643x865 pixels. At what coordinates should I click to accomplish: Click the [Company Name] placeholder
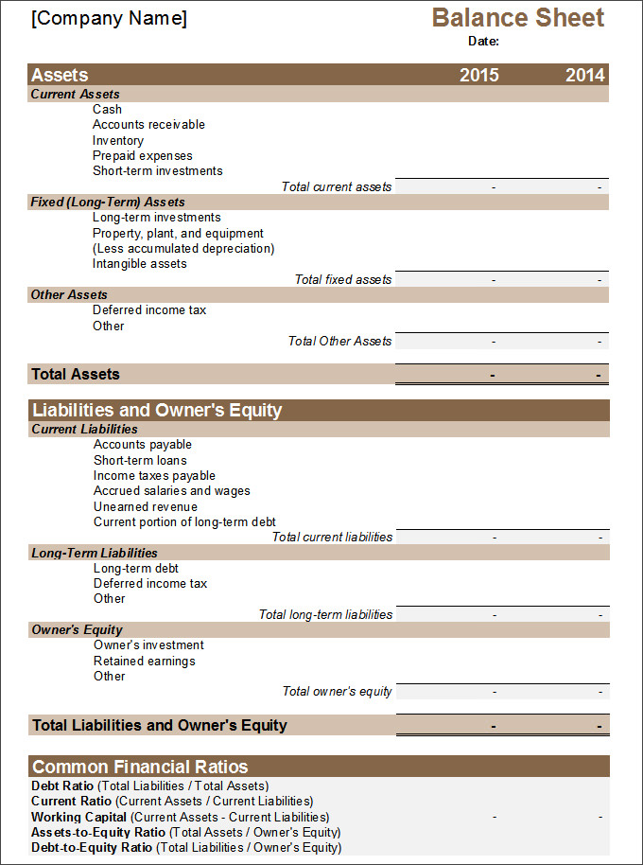[x=109, y=19]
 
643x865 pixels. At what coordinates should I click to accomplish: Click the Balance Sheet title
[x=518, y=18]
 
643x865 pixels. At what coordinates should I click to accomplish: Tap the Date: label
[x=483, y=41]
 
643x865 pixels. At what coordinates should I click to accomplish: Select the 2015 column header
[x=478, y=76]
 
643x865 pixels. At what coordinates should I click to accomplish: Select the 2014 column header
[x=584, y=76]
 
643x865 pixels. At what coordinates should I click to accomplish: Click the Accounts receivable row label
[x=148, y=125]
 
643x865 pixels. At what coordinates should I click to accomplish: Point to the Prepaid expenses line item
[x=142, y=155]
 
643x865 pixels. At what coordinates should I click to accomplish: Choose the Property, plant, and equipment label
[x=178, y=233]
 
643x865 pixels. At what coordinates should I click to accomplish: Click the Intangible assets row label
[x=140, y=264]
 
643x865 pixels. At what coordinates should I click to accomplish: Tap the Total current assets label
[x=336, y=186]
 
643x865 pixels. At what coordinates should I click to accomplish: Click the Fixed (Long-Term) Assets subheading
[x=108, y=202]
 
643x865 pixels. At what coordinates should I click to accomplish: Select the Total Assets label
[x=76, y=375]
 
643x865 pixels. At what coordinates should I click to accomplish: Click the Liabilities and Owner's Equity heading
[x=157, y=411]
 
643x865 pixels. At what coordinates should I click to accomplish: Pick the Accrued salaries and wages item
[x=171, y=491]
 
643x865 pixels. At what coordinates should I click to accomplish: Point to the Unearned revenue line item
[x=146, y=506]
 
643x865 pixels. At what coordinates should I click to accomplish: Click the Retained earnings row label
[x=144, y=661]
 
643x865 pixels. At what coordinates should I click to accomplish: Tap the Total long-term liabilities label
[x=325, y=614]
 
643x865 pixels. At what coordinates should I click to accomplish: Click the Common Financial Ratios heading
[x=140, y=767]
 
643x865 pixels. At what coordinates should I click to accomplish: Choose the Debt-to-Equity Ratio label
[x=92, y=847]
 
